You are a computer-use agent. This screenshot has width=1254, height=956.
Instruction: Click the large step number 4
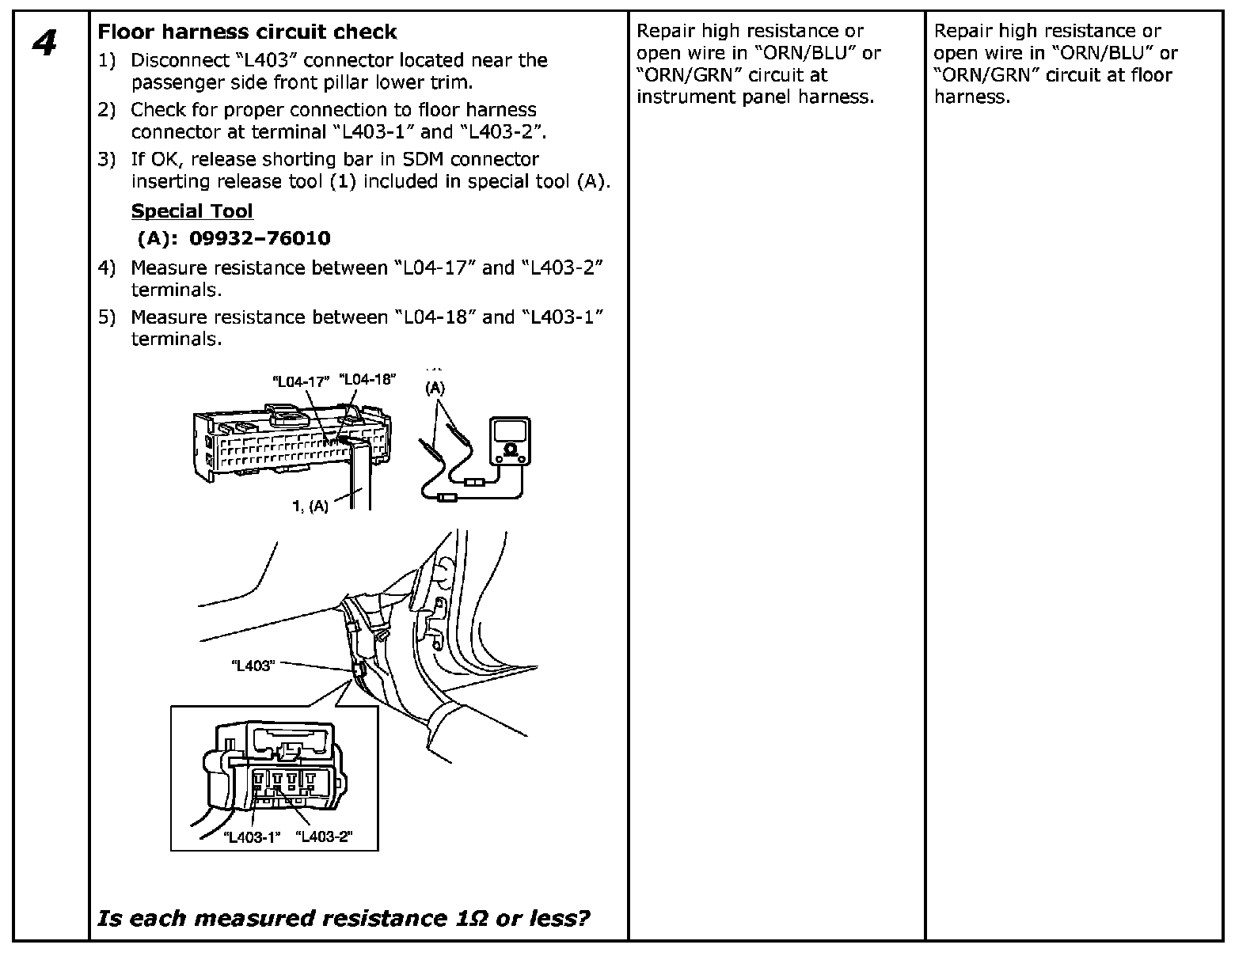45,43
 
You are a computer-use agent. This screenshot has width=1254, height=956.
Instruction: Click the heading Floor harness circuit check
247,32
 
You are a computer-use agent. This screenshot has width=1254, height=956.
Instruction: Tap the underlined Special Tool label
192,211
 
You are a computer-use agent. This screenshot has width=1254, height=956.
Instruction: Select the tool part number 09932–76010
260,238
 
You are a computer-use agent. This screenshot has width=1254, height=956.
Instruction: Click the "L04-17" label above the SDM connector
300,381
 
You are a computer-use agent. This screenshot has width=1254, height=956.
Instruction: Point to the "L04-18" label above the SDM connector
367,379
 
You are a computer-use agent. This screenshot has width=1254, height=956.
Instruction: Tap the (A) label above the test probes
435,389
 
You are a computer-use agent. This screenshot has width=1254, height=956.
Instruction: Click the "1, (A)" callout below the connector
310,506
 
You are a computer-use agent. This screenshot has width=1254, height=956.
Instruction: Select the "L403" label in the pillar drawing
252,666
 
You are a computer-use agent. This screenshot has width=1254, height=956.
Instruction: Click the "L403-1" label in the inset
252,837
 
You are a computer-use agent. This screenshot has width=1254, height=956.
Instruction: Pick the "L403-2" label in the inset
323,836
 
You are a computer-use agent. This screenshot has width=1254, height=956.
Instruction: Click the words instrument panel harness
755,97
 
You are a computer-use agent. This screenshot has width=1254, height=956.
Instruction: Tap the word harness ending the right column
971,97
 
